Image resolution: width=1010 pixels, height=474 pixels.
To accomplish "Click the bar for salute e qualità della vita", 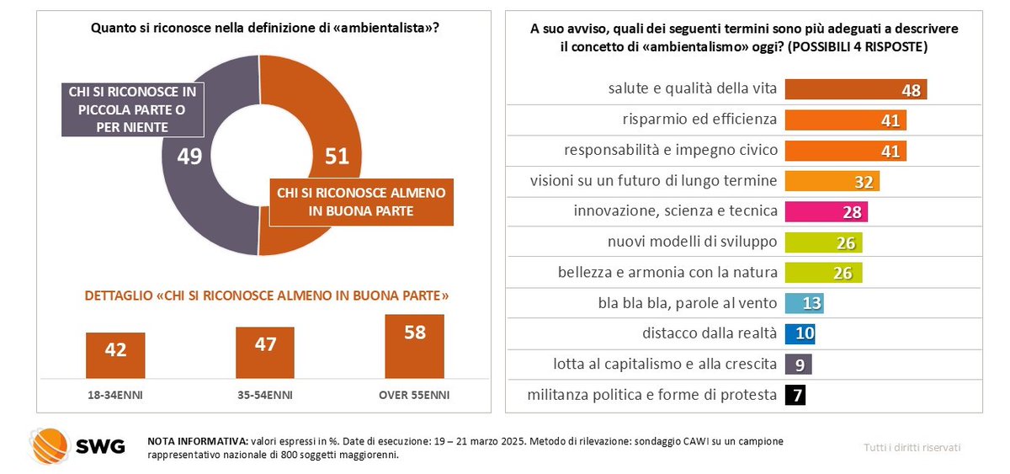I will [x=855, y=89].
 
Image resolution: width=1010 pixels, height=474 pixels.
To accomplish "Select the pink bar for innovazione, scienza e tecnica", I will [x=826, y=211].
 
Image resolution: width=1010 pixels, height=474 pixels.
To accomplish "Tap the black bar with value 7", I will [x=795, y=394].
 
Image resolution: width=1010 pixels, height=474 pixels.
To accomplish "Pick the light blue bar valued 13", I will [x=804, y=303].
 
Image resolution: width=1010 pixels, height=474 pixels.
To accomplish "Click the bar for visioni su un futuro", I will [x=832, y=181].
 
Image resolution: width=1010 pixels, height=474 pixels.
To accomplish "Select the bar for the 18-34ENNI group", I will [x=115, y=355].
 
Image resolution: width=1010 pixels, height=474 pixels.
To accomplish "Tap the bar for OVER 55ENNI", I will [x=414, y=347].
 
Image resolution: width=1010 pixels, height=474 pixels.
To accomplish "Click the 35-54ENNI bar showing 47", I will [x=265, y=353].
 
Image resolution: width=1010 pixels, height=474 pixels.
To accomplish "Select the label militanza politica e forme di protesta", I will [x=651, y=394].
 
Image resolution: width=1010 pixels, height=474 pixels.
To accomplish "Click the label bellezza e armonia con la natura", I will [x=667, y=272].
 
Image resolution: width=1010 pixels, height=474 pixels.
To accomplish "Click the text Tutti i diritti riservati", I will [x=912, y=447].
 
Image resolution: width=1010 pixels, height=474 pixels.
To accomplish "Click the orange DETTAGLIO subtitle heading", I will [x=265, y=296].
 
